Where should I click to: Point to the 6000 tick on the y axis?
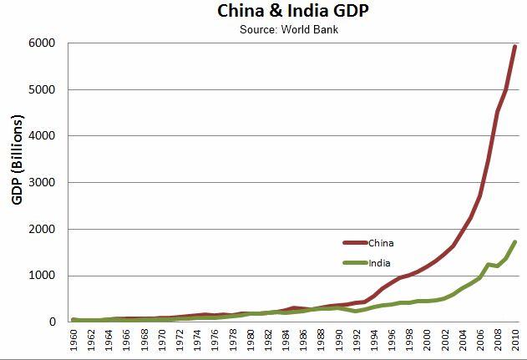pos(43,43)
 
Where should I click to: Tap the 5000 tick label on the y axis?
pos(43,90)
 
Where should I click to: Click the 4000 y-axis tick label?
pos(43,136)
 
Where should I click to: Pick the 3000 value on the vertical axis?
pos(43,183)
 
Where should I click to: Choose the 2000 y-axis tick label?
pos(43,230)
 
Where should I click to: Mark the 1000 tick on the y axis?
pos(43,276)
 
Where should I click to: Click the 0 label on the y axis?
pos(53,322)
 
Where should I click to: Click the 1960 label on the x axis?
pos(74,342)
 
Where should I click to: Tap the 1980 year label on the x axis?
pos(251,342)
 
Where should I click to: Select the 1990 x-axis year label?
pos(339,342)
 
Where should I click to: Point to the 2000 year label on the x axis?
pos(427,342)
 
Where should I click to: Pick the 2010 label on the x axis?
pos(515,342)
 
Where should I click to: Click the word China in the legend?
pos(381,243)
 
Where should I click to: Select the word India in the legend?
pos(379,263)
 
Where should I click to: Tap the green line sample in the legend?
pos(355,263)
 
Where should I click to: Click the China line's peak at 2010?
pos(515,47)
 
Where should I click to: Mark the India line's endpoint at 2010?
pos(515,242)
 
